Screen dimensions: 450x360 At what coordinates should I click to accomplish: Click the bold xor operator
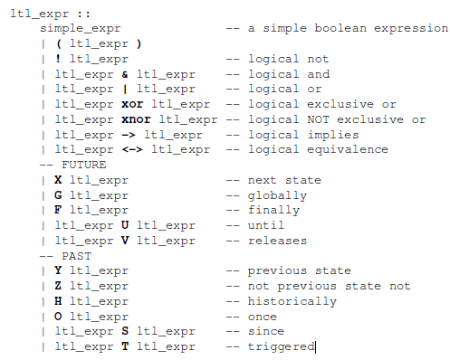coord(132,104)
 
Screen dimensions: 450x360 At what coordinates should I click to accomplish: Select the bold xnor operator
coord(136,119)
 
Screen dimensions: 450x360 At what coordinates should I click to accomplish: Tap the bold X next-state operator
coord(58,180)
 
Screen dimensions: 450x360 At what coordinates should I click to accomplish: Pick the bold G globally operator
coord(58,195)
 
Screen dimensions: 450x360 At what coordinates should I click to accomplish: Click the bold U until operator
coord(125,225)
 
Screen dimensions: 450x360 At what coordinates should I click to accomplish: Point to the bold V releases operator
coord(125,241)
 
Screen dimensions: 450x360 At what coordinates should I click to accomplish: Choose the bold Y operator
coord(58,270)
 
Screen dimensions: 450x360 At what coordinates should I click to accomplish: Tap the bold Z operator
coord(58,286)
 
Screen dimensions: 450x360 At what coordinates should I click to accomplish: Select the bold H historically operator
coord(58,301)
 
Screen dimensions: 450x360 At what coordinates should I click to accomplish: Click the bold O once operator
coord(58,317)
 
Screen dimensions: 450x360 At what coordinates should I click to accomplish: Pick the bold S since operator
coord(125,331)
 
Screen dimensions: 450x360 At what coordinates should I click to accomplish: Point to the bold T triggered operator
coord(125,346)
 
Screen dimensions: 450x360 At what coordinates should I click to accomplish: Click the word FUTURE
coord(84,165)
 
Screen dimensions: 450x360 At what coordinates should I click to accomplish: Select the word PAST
coord(76,256)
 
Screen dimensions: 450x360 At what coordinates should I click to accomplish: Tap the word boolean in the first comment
coord(340,28)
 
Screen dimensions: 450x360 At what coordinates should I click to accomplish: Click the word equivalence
coord(348,149)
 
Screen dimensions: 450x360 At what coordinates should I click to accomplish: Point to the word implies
coord(333,135)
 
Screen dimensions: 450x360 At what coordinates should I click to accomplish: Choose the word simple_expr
coord(81,29)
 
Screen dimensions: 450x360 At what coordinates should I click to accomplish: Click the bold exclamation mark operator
coord(58,59)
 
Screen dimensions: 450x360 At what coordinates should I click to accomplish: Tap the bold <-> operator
coord(132,149)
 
